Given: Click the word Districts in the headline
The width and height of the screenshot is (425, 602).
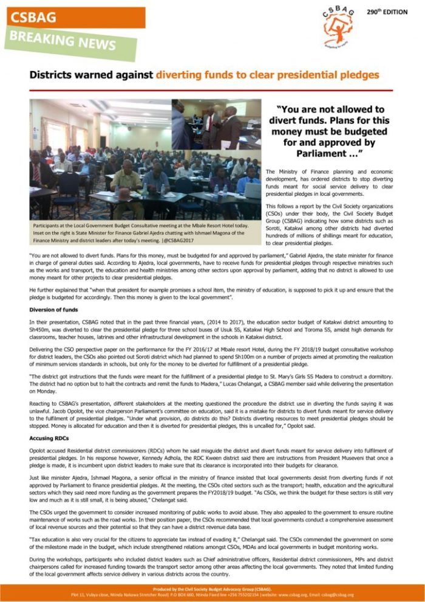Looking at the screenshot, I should [x=52, y=75].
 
